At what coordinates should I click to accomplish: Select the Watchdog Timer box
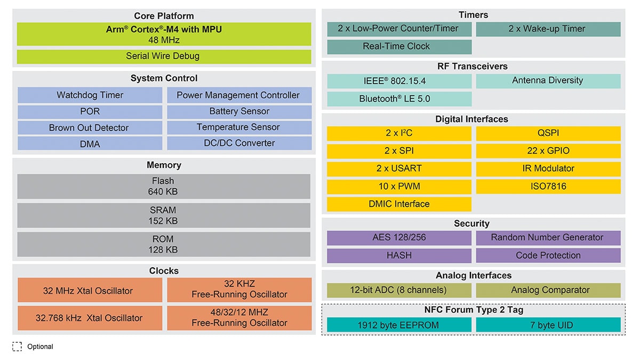[90, 95]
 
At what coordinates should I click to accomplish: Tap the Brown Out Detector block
[90, 128]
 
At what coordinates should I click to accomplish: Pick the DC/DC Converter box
[239, 143]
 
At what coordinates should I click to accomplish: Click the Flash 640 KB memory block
[164, 186]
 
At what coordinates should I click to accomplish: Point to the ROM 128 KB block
[164, 244]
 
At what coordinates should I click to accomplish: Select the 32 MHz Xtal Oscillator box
[90, 291]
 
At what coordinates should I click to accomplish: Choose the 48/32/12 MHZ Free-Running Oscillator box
[239, 317]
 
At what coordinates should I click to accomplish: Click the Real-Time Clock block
[399, 46]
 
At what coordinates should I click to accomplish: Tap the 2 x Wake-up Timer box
[548, 29]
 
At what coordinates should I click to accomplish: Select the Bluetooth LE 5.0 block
[399, 99]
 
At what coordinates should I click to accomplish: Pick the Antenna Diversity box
[548, 81]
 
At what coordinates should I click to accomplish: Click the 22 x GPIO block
[548, 151]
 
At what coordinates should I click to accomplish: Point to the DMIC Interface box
[399, 204]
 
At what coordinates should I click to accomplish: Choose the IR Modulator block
[548, 169]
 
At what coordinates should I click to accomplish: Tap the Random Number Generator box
[548, 237]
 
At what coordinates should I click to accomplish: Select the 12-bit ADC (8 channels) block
[399, 290]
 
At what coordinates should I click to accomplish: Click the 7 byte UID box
[548, 325]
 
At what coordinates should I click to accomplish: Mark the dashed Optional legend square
[17, 347]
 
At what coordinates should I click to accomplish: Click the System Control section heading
[164, 78]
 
